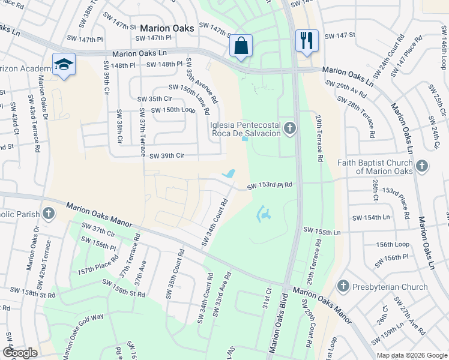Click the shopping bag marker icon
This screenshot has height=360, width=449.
pyautogui.click(x=241, y=46)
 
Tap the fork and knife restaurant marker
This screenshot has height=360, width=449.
pyautogui.click(x=307, y=41)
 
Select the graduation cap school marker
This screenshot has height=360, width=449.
pyautogui.click(x=64, y=64)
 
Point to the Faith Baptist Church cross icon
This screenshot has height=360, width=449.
pyautogui.click(x=421, y=165)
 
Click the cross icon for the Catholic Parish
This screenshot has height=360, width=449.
pyautogui.click(x=49, y=214)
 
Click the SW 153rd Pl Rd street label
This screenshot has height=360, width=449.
pyautogui.click(x=270, y=187)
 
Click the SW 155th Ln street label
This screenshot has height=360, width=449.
pyautogui.click(x=322, y=231)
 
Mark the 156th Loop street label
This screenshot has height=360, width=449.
pyautogui.click(x=393, y=245)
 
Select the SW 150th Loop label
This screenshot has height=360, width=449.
pyautogui.click(x=173, y=110)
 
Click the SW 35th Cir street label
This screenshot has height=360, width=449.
pyautogui.click(x=155, y=99)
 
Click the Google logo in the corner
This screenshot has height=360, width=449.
pyautogui.click(x=20, y=353)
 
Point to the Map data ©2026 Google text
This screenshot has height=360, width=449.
pyautogui.click(x=411, y=355)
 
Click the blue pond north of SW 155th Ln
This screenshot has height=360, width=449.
pyautogui.click(x=264, y=214)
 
